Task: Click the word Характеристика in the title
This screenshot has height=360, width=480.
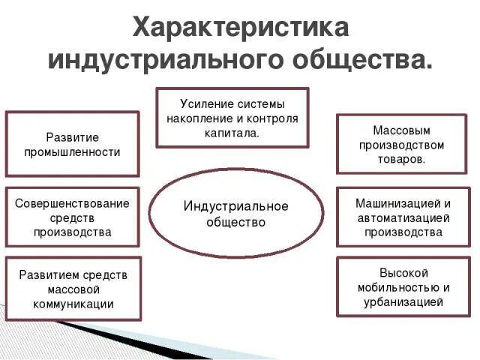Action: click(240, 27)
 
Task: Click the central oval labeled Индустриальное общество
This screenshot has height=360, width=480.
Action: click(235, 214)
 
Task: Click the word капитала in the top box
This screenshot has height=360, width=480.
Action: click(232, 133)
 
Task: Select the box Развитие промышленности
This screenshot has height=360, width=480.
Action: click(73, 144)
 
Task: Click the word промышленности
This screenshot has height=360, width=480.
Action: click(73, 151)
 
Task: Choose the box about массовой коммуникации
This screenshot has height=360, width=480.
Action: click(73, 289)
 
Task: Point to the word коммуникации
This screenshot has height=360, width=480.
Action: click(73, 304)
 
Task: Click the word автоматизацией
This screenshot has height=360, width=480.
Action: click(403, 217)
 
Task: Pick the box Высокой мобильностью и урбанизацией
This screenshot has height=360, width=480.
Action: click(403, 287)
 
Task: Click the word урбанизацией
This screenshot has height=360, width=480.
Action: click(403, 301)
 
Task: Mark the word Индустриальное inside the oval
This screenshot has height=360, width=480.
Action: click(235, 206)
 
